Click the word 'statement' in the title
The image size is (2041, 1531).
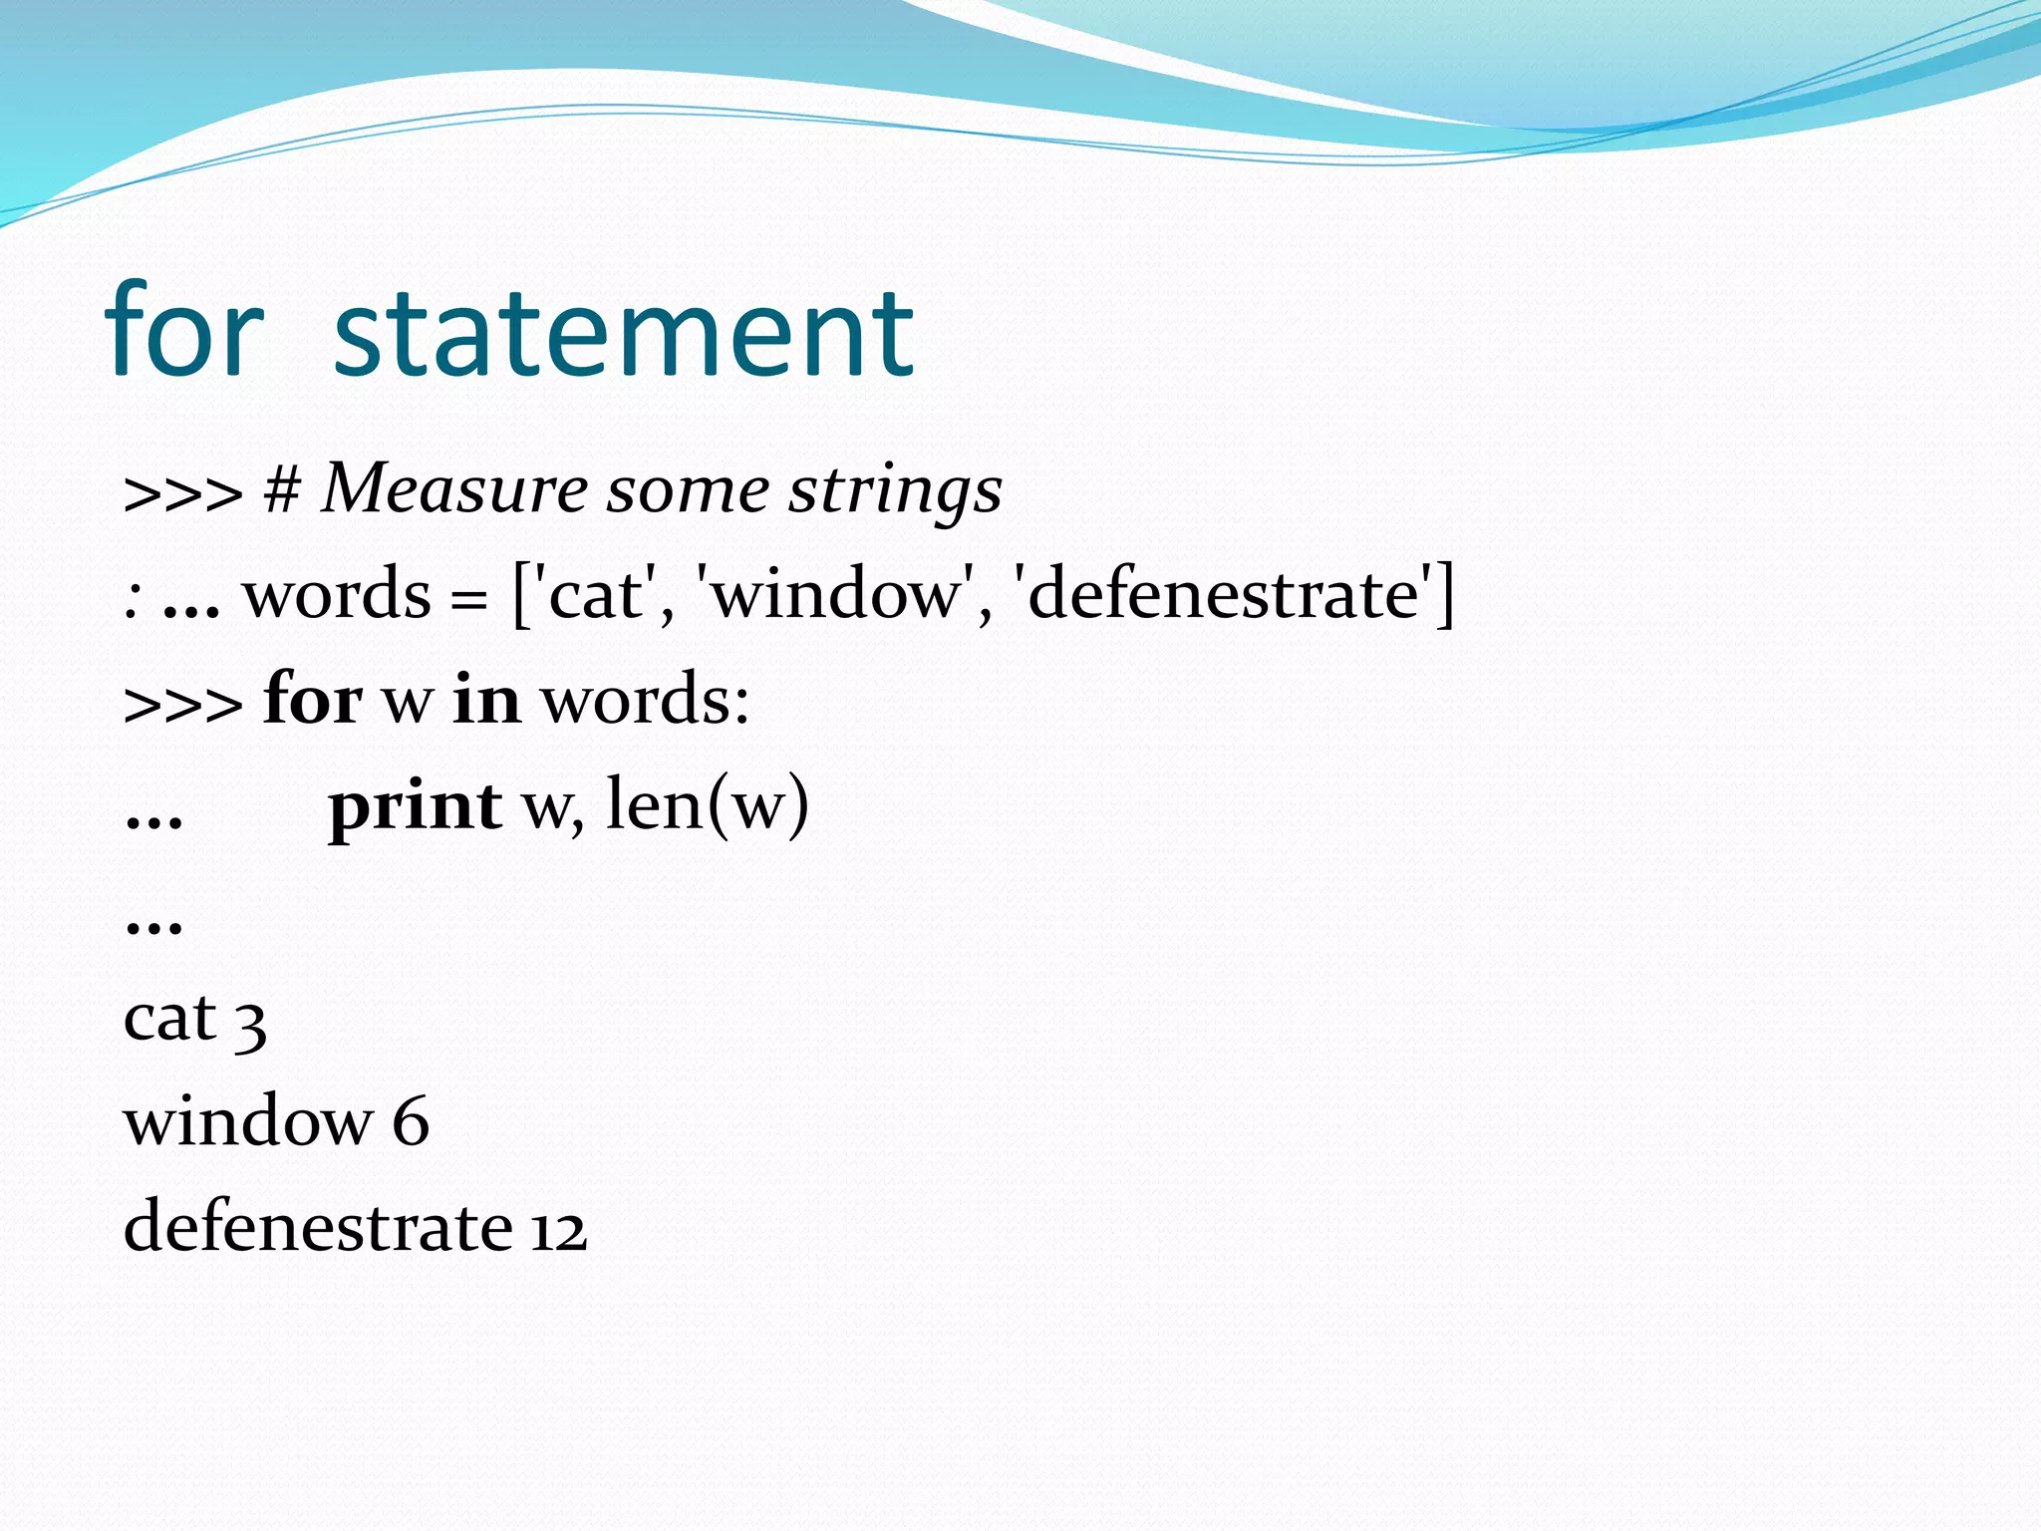[623, 333]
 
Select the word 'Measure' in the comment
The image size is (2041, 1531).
[454, 489]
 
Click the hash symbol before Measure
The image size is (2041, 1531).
[282, 490]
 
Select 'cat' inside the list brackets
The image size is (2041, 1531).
[595, 595]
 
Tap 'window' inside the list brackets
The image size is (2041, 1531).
[837, 595]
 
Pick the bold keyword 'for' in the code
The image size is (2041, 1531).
[312, 699]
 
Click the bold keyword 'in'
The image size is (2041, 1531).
[486, 699]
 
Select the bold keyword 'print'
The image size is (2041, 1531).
[415, 806]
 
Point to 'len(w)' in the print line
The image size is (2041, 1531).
[707, 804]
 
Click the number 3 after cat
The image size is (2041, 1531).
[250, 1024]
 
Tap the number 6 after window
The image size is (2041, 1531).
[410, 1121]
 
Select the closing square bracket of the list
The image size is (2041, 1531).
[1443, 595]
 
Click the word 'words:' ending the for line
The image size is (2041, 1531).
[645, 699]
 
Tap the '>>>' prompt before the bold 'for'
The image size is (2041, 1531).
[182, 703]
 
